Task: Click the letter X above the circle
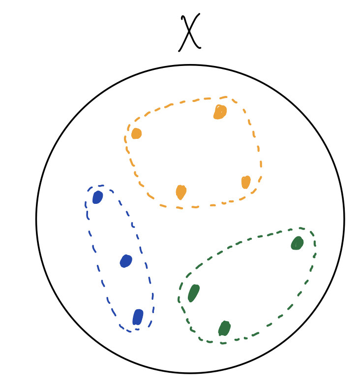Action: (189, 32)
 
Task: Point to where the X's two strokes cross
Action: (189, 32)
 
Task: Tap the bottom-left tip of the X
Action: (179, 51)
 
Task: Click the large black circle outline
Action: (190, 219)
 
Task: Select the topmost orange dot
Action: (220, 112)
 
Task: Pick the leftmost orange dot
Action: (136, 133)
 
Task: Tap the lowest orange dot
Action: (181, 192)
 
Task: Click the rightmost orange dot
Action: (246, 182)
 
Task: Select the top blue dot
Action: (97, 197)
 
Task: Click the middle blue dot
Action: (126, 261)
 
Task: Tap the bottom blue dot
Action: (138, 317)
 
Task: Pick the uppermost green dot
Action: (297, 243)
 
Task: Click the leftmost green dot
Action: (194, 293)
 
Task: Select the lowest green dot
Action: (224, 328)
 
